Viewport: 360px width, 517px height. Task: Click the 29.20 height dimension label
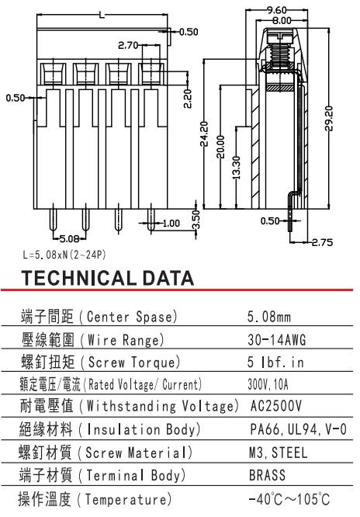point(330,118)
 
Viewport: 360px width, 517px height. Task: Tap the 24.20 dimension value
point(204,134)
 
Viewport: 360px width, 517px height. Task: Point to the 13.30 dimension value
point(237,168)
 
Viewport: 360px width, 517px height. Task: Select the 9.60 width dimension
point(277,10)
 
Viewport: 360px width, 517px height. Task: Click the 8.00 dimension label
point(282,20)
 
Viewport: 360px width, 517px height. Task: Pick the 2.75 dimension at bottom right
point(322,243)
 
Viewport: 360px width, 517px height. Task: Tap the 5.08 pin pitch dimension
point(69,238)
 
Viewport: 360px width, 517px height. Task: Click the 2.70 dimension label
point(128,45)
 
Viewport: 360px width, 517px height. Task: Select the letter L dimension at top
point(102,15)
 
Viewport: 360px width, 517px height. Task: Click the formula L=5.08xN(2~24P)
point(64,255)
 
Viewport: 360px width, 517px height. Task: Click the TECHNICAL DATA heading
point(108,278)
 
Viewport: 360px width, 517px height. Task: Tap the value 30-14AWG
point(277,339)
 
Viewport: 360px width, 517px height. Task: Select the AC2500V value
point(276,406)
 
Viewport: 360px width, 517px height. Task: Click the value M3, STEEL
point(278,453)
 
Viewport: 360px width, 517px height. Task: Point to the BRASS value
point(267,475)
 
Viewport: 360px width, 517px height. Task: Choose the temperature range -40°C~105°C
point(289,499)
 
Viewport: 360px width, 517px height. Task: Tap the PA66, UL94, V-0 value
point(299,429)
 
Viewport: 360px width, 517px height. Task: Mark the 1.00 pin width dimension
point(171,224)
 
